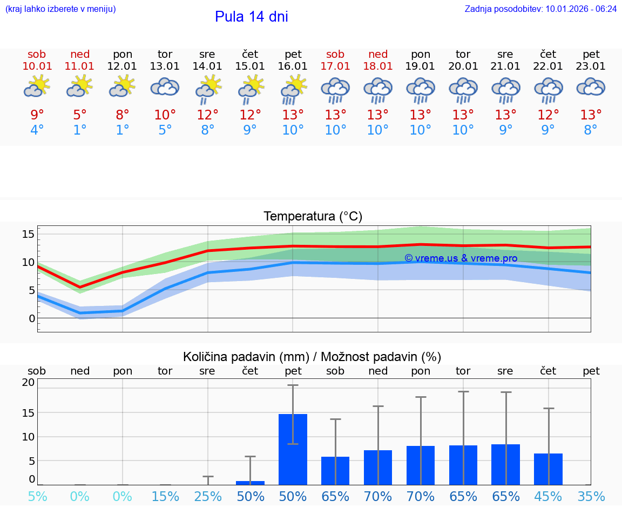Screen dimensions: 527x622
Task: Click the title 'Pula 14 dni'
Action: [x=251, y=17]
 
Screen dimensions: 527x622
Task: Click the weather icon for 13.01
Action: [x=165, y=87]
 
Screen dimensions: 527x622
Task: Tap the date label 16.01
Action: [x=293, y=66]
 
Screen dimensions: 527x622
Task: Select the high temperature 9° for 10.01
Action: [x=37, y=115]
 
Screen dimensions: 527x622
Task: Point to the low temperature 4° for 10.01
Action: [x=37, y=130]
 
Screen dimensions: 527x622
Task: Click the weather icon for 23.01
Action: [x=591, y=87]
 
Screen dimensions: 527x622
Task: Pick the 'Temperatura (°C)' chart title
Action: [x=313, y=217]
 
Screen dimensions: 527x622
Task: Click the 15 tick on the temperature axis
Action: [x=28, y=234]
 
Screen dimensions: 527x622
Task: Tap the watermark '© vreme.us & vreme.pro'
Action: [x=461, y=258]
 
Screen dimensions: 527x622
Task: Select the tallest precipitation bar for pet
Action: [x=293, y=449]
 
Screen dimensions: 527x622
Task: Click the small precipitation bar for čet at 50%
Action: [x=250, y=483]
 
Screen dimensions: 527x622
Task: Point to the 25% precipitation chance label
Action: [x=208, y=497]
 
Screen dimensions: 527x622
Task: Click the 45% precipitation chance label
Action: [x=548, y=497]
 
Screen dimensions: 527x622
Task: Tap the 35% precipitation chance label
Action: [x=591, y=497]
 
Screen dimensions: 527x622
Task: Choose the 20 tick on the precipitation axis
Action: [x=28, y=383]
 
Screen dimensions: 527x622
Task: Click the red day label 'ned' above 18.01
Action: [x=378, y=54]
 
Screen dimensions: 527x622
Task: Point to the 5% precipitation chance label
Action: [x=37, y=497]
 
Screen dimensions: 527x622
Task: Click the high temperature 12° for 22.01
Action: [x=548, y=115]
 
